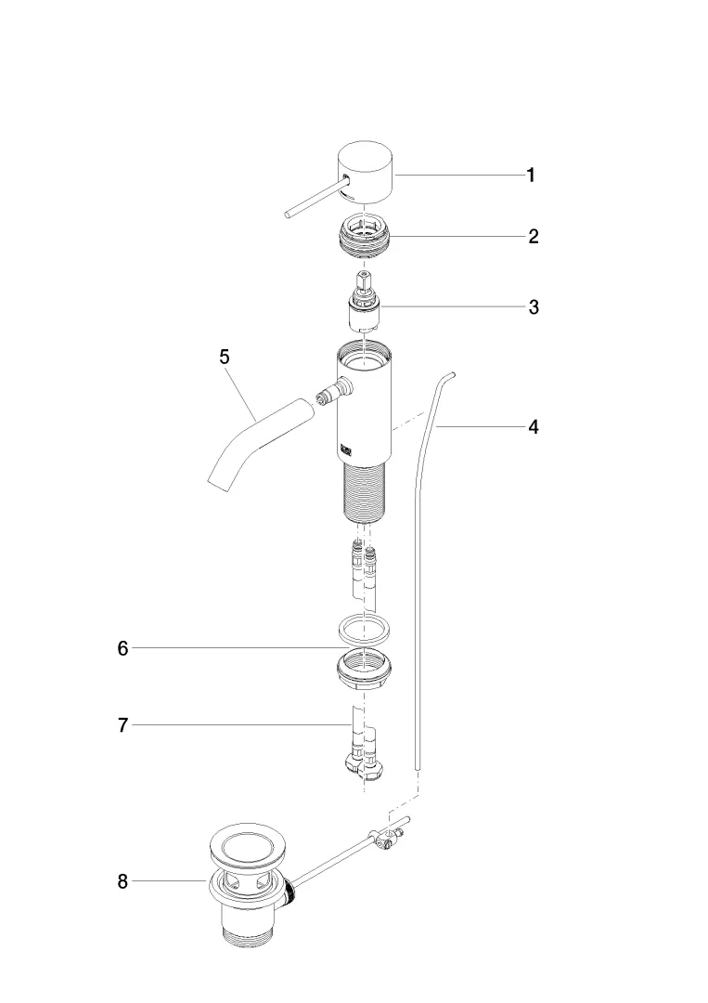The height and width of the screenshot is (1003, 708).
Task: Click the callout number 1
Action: (x=531, y=176)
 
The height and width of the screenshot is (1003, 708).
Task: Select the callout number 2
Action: (x=534, y=237)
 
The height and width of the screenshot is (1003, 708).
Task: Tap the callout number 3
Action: (x=534, y=307)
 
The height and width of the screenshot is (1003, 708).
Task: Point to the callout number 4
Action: (x=534, y=426)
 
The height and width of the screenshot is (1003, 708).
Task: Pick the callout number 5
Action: (x=224, y=357)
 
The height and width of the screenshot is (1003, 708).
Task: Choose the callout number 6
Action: (x=122, y=648)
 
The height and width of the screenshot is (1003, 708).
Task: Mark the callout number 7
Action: (x=122, y=725)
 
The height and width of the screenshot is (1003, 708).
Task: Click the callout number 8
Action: (x=122, y=881)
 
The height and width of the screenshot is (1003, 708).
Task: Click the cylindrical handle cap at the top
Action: (x=366, y=173)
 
